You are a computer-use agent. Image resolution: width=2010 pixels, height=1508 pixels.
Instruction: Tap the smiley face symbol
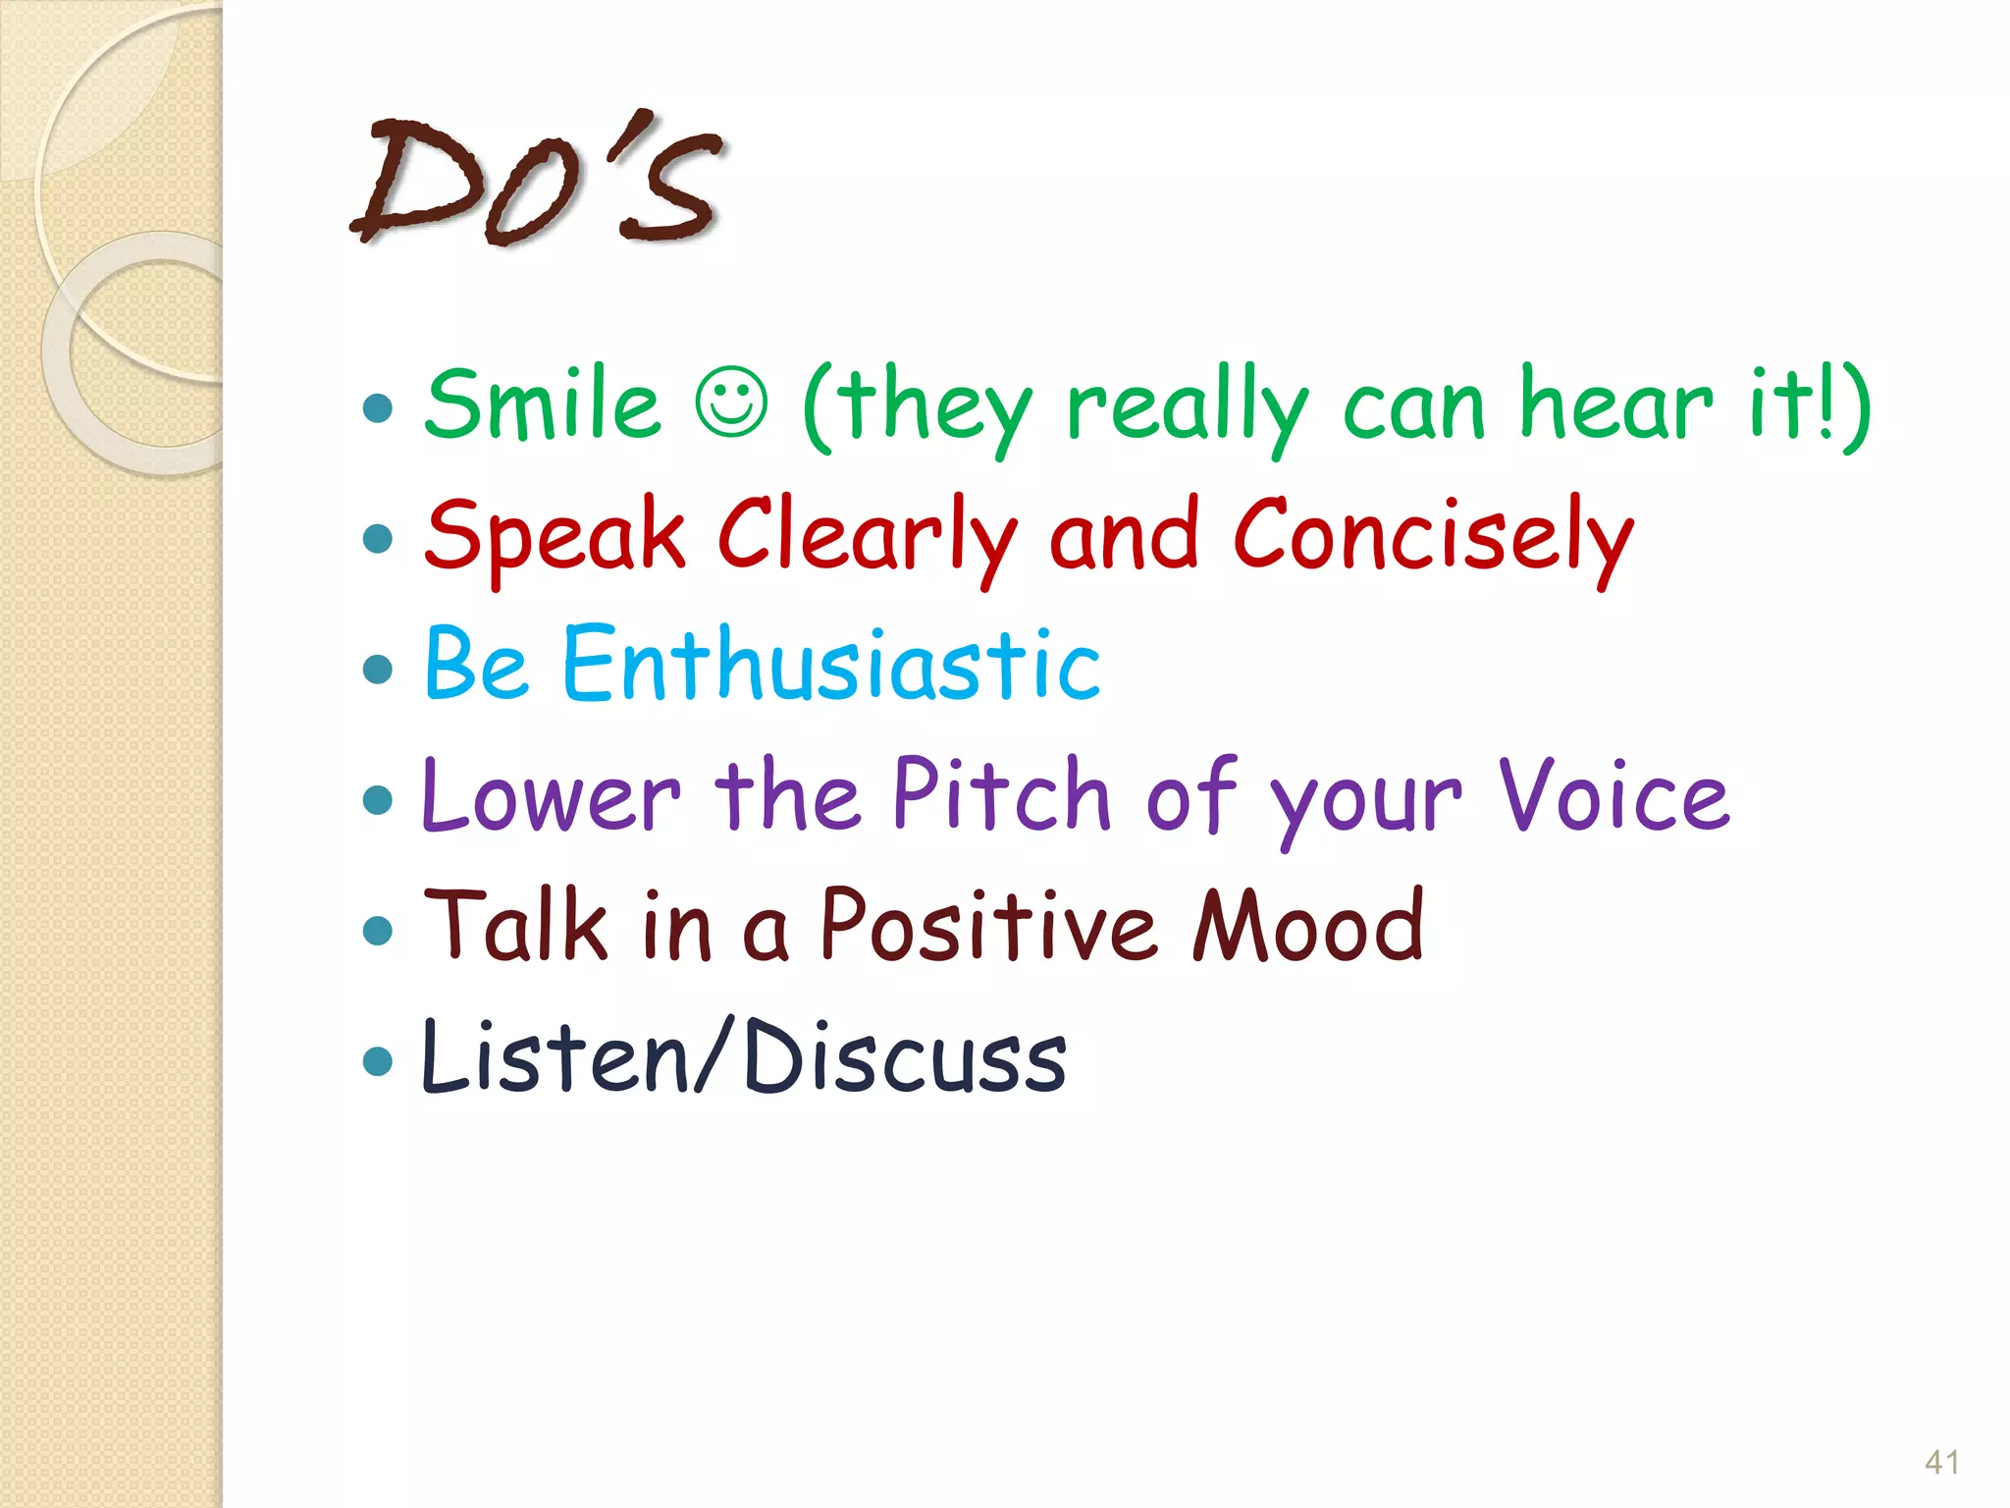click(731, 403)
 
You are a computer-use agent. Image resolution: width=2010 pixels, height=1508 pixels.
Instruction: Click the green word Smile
click(543, 404)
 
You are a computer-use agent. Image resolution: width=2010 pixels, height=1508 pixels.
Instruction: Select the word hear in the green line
click(1615, 404)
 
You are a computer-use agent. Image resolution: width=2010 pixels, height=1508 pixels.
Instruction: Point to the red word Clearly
click(867, 536)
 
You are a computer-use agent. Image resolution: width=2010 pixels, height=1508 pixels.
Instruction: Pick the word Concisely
click(1433, 536)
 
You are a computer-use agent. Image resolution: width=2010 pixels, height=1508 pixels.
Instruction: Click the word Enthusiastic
click(830, 666)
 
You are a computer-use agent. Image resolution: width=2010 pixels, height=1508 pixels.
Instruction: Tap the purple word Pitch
click(1001, 795)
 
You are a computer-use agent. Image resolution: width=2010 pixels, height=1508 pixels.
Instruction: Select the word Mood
click(1308, 925)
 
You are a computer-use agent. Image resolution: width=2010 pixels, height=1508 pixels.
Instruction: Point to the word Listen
click(555, 1056)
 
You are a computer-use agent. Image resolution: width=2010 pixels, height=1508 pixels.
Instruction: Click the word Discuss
click(905, 1056)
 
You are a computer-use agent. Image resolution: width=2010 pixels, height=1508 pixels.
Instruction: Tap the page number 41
click(1941, 1462)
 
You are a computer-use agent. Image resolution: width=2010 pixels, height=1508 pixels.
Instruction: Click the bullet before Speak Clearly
click(377, 538)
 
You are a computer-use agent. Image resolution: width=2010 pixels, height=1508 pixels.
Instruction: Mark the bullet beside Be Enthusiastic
click(377, 670)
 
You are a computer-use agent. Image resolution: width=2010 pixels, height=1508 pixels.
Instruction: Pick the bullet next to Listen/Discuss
click(377, 1060)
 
